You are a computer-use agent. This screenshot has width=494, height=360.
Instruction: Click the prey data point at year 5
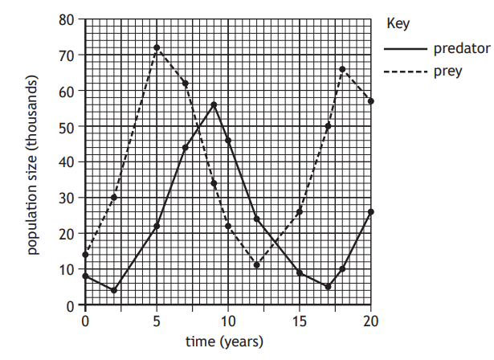[x=157, y=47]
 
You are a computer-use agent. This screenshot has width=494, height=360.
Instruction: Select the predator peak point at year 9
[x=214, y=104]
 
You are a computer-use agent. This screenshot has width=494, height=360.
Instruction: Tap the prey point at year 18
[x=342, y=69]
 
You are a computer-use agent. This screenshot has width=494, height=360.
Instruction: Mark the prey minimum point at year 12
[x=256, y=264]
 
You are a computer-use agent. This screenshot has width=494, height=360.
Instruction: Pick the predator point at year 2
[x=114, y=290]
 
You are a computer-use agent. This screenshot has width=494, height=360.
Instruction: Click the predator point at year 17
[x=328, y=287]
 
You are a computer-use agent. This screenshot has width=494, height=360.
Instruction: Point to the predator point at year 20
[x=371, y=211]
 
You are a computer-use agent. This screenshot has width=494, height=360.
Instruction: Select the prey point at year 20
[x=371, y=101]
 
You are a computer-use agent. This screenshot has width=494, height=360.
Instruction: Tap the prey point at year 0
[x=85, y=255]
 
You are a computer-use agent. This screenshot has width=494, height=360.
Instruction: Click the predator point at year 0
[x=85, y=276]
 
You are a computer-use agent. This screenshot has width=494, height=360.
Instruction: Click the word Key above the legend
[x=398, y=23]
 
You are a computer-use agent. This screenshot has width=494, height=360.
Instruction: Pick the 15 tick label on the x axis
[x=299, y=321]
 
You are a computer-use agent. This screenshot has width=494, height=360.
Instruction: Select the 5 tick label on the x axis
[x=157, y=321]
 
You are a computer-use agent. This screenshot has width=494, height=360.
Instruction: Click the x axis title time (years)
[x=224, y=342]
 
